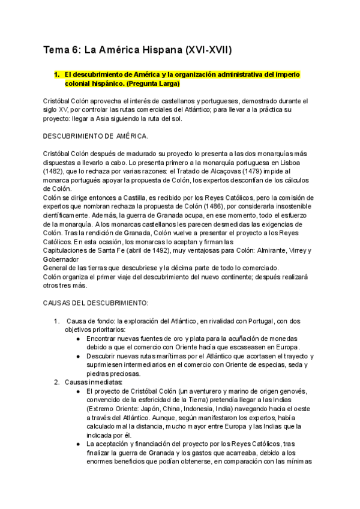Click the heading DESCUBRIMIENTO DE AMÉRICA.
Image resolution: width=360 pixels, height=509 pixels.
(97, 136)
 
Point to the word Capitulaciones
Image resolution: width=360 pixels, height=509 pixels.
(69, 250)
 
